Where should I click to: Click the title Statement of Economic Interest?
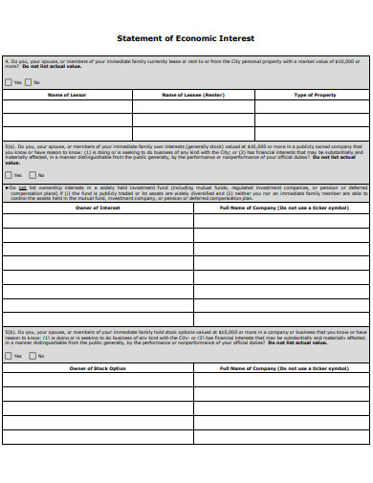(186, 39)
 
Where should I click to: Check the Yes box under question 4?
(9, 83)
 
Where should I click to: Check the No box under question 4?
(30, 83)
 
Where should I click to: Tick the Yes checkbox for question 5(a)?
(9, 175)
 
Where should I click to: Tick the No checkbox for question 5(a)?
(32, 175)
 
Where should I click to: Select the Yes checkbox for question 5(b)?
(9, 356)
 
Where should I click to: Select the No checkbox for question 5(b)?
(32, 356)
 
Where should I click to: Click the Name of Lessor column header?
(67, 96)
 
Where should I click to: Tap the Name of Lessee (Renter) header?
(193, 96)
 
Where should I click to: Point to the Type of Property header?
(315, 96)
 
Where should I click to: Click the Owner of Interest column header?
(98, 206)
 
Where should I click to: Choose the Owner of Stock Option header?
(98, 368)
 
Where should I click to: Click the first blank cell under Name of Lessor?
(67, 107)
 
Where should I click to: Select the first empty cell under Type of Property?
(315, 107)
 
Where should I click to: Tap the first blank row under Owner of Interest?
(98, 219)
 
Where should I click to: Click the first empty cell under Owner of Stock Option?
(98, 380)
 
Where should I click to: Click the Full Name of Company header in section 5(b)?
(283, 368)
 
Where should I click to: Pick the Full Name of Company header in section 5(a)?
(283, 206)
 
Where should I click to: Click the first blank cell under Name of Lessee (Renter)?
(193, 107)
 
